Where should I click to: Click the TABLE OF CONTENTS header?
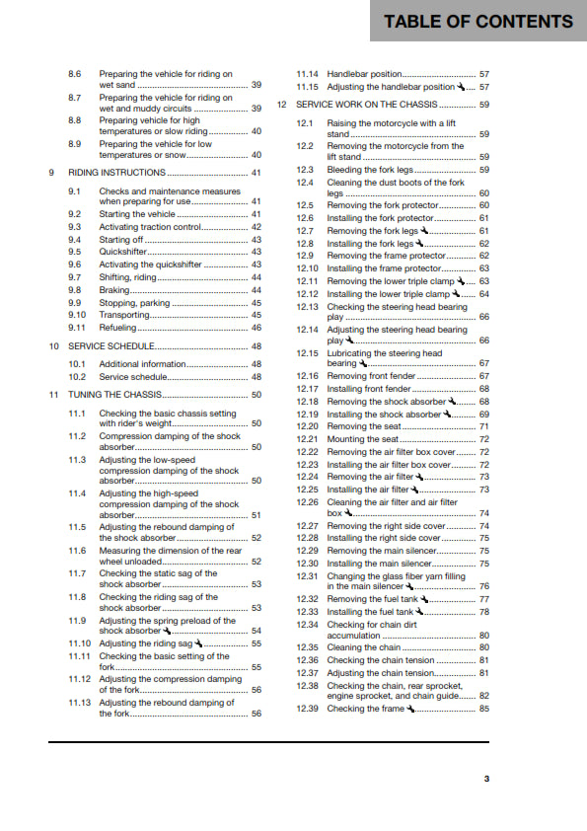tap(478, 21)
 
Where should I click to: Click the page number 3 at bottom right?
tap(485, 780)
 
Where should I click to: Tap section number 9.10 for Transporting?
tap(78, 315)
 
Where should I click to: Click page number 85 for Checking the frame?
tap(483, 709)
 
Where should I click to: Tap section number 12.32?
tap(309, 599)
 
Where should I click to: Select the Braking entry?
tap(115, 290)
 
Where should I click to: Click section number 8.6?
tap(75, 74)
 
